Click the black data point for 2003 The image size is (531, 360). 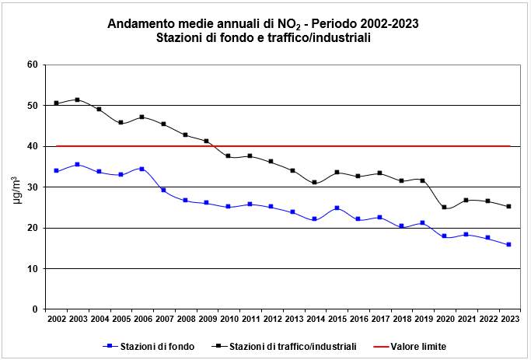point(77,100)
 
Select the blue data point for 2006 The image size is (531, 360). point(141,169)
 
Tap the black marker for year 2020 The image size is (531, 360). point(444,208)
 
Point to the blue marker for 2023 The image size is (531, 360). point(508,245)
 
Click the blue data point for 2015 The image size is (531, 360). point(337,208)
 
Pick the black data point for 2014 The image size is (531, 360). point(315,183)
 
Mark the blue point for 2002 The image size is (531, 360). point(56,170)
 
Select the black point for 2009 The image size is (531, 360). point(207,141)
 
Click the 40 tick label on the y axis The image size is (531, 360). point(32,146)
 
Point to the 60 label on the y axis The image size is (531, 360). point(32,65)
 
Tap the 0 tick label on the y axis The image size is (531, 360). point(35,309)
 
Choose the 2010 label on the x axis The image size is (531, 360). point(229,320)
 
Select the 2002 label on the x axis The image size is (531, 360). point(56,320)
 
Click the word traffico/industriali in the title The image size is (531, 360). point(318,37)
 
